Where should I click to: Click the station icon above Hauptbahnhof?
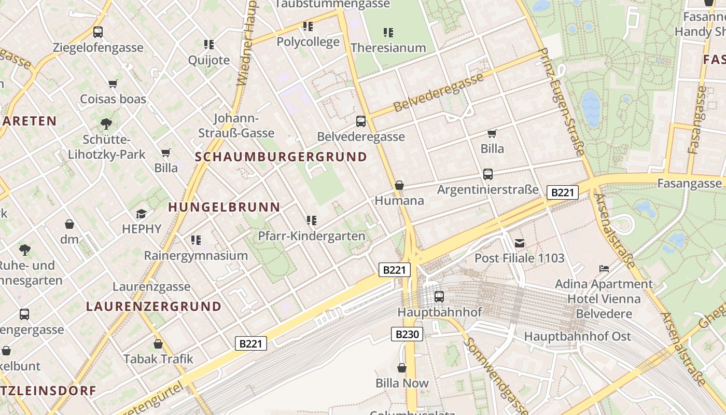tap(439, 297)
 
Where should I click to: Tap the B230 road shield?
tap(407, 334)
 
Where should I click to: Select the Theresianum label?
tap(388, 48)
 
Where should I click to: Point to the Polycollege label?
tap(308, 41)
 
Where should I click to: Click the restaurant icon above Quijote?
tap(209, 45)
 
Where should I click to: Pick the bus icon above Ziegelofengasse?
tap(98, 32)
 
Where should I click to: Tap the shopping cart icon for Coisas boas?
tap(113, 84)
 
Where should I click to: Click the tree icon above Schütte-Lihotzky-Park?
tap(106, 124)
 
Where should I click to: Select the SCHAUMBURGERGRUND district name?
tap(281, 157)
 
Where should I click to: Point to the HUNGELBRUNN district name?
tap(224, 207)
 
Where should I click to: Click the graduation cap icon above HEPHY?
tap(141, 214)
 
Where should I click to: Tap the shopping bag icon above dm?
tap(69, 224)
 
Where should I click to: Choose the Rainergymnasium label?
tap(196, 256)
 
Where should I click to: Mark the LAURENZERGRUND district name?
tap(154, 306)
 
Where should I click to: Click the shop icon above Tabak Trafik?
tap(158, 344)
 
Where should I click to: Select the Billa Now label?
tap(402, 383)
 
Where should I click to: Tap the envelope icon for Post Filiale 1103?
tap(520, 243)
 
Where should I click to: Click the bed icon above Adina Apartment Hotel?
tap(604, 269)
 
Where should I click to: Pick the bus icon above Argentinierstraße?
tap(488, 174)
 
